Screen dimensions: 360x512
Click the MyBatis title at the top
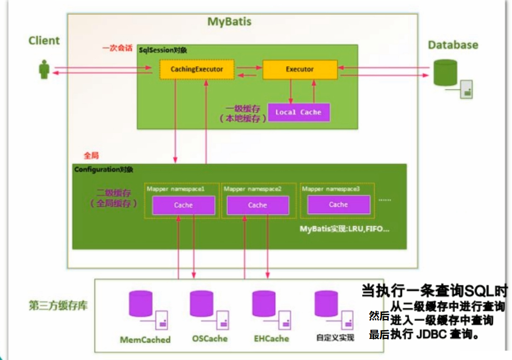point(229,22)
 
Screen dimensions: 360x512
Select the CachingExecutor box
point(197,69)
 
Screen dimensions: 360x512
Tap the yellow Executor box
point(299,69)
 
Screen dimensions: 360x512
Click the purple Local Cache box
point(298,112)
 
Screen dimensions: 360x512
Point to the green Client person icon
point(44,70)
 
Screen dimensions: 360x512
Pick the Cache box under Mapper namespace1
point(183,205)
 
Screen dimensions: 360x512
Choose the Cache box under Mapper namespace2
point(257,205)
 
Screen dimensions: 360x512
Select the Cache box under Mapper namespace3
point(338,204)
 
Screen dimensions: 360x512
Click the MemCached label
point(145,339)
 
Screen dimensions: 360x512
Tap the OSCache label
point(210,338)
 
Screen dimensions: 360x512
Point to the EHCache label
point(271,338)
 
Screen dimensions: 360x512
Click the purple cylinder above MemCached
point(142,304)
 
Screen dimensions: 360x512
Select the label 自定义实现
point(335,338)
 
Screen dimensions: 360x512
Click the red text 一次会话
point(117,48)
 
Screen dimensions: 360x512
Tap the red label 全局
point(91,155)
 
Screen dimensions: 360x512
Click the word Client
point(44,41)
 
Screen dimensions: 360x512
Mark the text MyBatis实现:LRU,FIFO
point(345,230)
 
